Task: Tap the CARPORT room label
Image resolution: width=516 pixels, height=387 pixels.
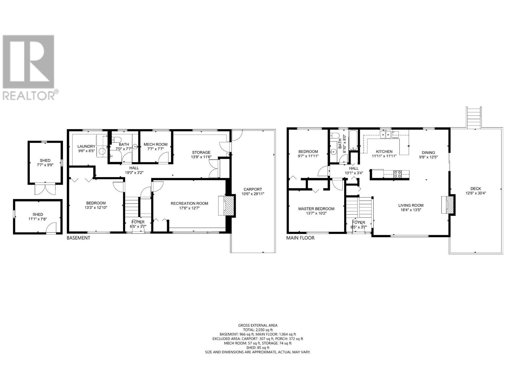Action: click(253, 189)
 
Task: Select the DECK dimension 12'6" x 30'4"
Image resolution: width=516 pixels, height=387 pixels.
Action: click(475, 193)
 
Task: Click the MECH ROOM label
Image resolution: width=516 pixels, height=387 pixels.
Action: click(155, 144)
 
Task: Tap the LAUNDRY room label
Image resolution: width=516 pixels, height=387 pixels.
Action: click(86, 146)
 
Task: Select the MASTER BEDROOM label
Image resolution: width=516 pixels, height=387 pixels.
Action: click(316, 209)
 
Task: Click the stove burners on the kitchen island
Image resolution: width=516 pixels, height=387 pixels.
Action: click(397, 174)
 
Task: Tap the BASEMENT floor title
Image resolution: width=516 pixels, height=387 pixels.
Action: click(78, 238)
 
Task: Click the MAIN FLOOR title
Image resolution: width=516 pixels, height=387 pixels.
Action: click(300, 238)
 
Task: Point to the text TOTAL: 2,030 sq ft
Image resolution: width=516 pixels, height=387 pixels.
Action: click(258, 330)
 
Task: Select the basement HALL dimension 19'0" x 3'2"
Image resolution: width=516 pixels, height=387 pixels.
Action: click(134, 173)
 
